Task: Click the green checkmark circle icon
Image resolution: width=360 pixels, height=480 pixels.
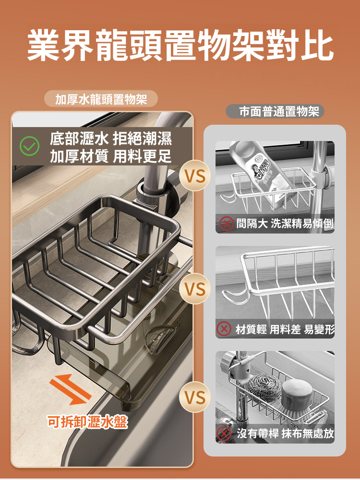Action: [x=29, y=146]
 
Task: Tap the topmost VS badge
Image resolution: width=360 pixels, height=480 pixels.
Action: [x=195, y=176]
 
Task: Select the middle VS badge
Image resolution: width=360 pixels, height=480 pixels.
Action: [x=195, y=288]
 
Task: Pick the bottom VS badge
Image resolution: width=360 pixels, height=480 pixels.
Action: [x=195, y=397]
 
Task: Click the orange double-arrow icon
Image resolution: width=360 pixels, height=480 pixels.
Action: [x=71, y=389]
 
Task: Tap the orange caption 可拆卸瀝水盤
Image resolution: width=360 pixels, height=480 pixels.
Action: [x=87, y=422]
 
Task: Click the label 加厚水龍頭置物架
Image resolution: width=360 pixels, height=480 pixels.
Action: [x=101, y=99]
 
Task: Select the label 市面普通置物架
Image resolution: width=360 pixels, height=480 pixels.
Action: [x=279, y=111]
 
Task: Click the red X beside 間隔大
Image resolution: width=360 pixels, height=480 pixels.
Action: [x=227, y=223]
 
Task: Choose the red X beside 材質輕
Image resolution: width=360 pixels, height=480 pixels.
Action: [x=224, y=329]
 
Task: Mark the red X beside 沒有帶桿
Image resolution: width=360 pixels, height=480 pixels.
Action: [x=224, y=433]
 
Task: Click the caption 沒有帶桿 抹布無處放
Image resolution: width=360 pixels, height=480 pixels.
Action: [x=285, y=433]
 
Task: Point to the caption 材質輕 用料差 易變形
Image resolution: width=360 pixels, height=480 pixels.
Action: [x=285, y=329]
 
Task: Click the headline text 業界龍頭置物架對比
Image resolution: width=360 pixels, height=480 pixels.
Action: [x=180, y=45]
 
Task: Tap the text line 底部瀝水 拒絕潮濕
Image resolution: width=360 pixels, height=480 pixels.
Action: [x=110, y=139]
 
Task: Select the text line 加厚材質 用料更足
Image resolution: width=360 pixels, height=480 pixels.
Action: [x=110, y=156]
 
